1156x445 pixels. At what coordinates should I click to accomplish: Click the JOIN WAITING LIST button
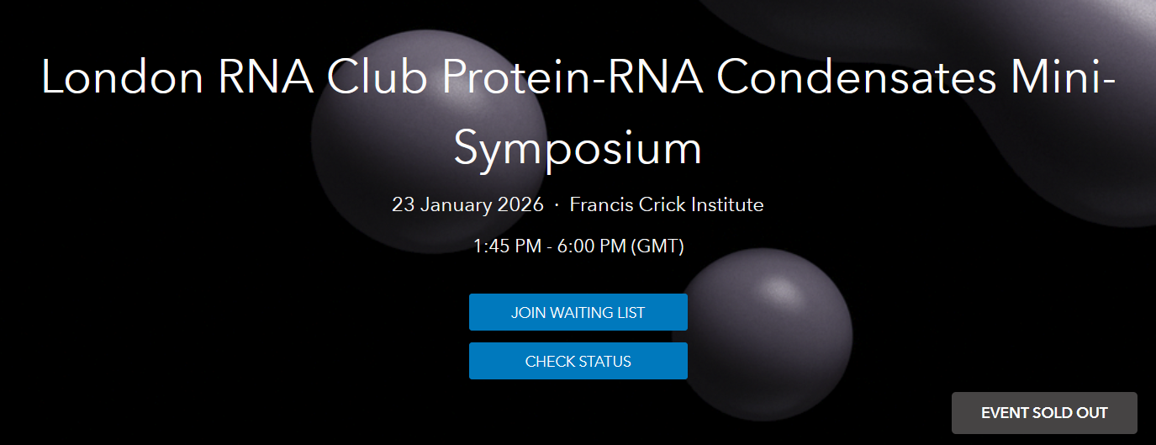point(578,313)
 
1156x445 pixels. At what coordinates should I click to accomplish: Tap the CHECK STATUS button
point(578,362)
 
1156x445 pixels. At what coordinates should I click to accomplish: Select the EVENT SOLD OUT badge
point(1044,413)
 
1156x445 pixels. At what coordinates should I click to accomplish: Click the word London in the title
point(123,77)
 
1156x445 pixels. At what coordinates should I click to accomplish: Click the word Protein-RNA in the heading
point(573,77)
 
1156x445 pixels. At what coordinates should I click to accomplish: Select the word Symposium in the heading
point(578,149)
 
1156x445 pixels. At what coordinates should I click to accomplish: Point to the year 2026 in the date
point(522,204)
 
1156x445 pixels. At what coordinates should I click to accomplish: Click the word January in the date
point(458,204)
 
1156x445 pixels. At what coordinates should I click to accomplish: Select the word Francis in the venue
point(599,204)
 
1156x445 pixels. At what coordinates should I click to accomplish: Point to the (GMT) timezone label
point(657,246)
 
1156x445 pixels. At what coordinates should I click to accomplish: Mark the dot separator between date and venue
point(557,205)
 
